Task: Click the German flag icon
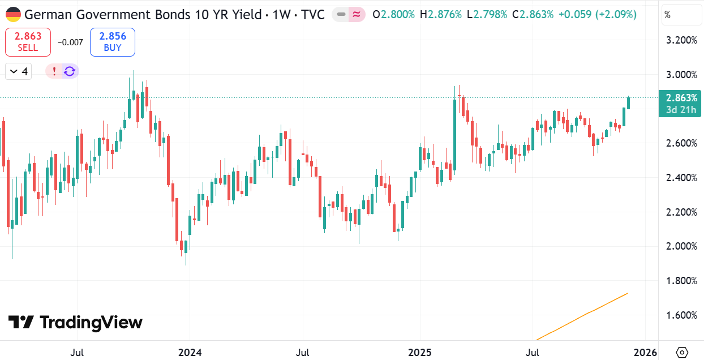(x=13, y=14)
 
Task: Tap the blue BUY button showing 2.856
(x=113, y=42)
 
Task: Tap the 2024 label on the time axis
(x=190, y=353)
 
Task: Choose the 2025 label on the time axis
(x=420, y=353)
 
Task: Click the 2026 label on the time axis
(x=646, y=353)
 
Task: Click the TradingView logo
(x=75, y=323)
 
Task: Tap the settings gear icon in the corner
(x=682, y=352)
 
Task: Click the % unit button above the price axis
(x=668, y=15)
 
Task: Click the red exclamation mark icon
(x=54, y=71)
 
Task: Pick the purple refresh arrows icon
(x=70, y=71)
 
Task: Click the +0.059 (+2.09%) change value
(x=597, y=15)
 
